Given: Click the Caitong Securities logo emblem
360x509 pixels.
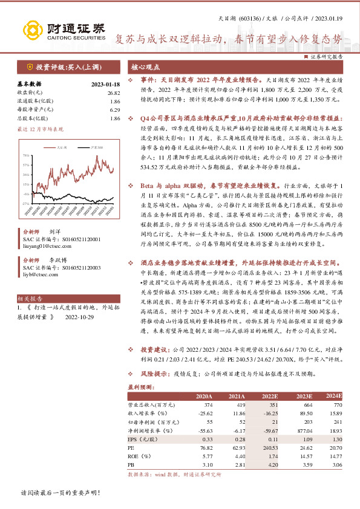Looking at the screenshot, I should pos(31,30).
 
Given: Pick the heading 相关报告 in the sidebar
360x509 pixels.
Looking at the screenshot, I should pos(29,299).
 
